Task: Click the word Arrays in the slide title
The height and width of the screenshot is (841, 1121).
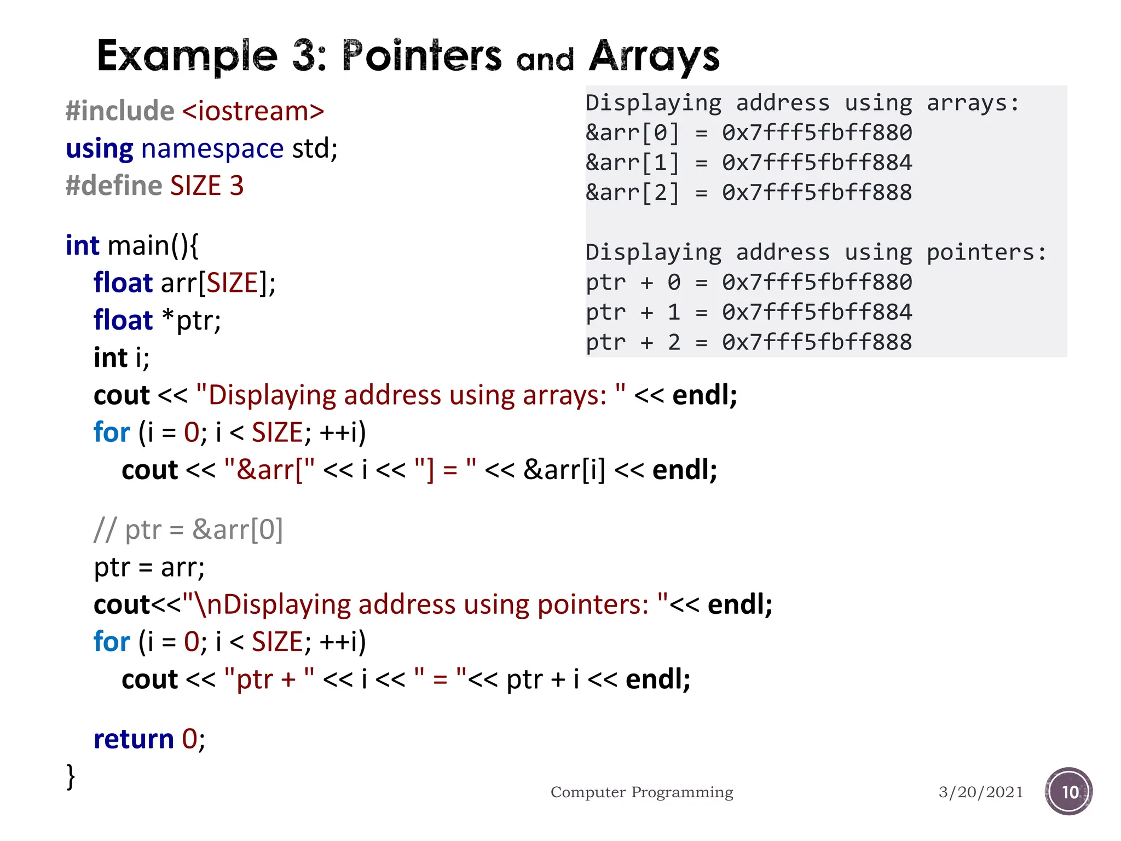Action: click(x=654, y=56)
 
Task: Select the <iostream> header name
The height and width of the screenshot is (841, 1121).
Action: click(x=253, y=111)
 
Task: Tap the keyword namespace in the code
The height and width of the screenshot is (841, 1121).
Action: click(x=212, y=148)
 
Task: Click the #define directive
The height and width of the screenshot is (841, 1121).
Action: click(x=114, y=186)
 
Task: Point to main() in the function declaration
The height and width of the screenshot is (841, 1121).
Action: click(x=153, y=245)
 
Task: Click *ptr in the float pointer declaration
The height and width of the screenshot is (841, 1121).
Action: click(x=192, y=320)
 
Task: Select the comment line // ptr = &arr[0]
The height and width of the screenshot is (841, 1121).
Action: click(x=188, y=529)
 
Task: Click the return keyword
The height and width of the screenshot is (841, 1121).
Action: click(x=134, y=739)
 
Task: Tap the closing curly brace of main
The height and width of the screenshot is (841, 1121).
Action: click(x=71, y=776)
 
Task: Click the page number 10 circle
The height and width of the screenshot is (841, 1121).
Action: click(x=1068, y=792)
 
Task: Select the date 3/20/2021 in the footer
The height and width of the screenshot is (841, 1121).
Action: click(x=980, y=792)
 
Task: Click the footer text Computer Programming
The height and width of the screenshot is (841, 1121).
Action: click(x=642, y=792)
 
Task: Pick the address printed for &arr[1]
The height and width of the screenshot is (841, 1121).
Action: click(x=817, y=163)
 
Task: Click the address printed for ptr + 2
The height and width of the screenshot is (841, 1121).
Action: click(x=817, y=342)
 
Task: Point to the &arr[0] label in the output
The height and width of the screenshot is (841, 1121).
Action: click(x=632, y=133)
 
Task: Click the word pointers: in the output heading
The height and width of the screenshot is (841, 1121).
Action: click(x=986, y=252)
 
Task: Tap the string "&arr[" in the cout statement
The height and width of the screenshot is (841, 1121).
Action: click(x=269, y=470)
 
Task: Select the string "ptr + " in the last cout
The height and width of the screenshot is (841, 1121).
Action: click(x=269, y=679)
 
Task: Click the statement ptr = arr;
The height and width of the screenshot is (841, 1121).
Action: click(x=149, y=567)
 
